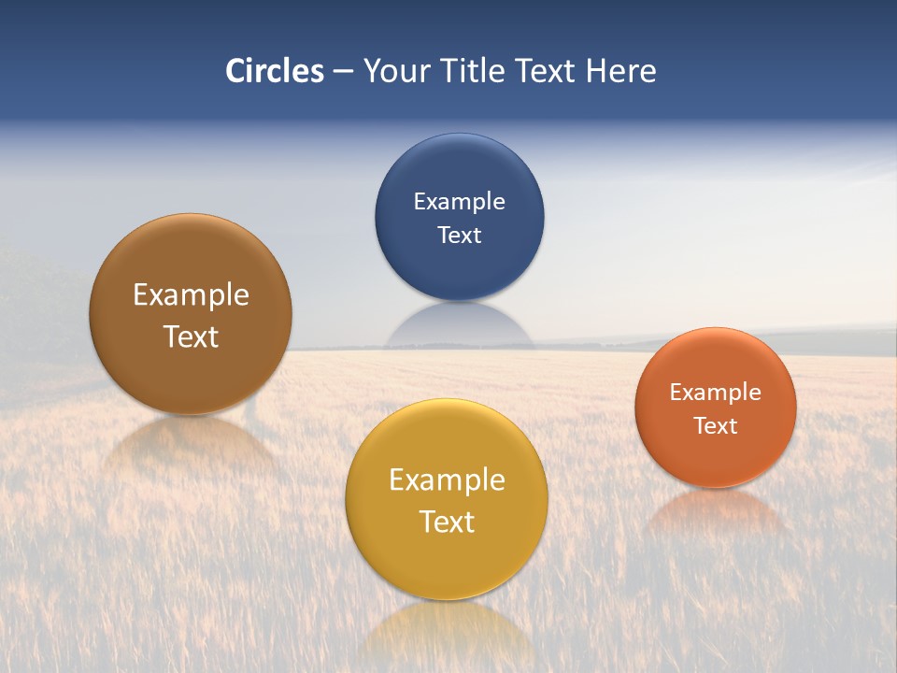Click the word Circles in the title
click(x=275, y=71)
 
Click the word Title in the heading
click(x=473, y=71)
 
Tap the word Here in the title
click(x=621, y=71)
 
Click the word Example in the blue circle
click(x=460, y=201)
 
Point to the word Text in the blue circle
click(x=460, y=235)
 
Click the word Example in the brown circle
click(x=191, y=294)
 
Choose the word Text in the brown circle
click(x=191, y=336)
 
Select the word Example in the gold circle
click(x=447, y=480)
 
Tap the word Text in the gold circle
click(x=447, y=522)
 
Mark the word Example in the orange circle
click(x=716, y=392)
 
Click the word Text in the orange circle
click(x=716, y=425)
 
